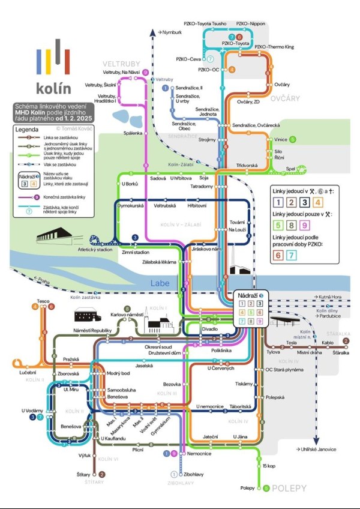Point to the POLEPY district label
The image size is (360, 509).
[289, 488]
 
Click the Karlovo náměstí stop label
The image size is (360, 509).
[125, 315]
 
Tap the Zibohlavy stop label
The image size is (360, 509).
[194, 474]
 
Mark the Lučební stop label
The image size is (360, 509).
[28, 373]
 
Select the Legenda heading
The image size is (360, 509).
[27, 128]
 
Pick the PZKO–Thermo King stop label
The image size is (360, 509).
[274, 46]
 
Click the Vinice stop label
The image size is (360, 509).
[281, 139]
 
